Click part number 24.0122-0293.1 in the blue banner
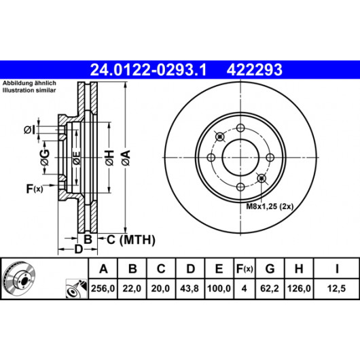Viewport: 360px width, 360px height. point(149,70)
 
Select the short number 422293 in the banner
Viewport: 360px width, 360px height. point(255,70)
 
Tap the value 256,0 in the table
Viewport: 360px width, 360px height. point(103,289)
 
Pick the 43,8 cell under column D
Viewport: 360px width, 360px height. point(190,289)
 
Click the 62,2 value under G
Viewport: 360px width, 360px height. point(269,289)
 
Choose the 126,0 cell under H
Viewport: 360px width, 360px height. point(299,289)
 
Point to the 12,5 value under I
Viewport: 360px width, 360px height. point(336,289)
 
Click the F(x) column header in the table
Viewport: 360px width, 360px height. point(245,268)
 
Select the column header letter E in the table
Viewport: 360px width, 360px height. point(219,268)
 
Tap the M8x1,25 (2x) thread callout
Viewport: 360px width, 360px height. point(270,206)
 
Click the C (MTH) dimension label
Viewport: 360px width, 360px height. point(131,240)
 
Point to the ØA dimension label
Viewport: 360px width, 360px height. point(126,158)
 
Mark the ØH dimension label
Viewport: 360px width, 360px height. point(110,158)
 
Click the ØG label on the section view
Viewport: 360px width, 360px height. point(45,158)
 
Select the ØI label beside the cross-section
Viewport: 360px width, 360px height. point(30,130)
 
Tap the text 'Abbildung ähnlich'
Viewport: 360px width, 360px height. point(29,83)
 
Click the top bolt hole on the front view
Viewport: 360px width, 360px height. point(240,128)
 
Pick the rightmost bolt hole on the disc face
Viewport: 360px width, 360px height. point(270,158)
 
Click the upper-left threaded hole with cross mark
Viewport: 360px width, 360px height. point(219,137)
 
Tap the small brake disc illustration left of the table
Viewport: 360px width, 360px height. point(20,278)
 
